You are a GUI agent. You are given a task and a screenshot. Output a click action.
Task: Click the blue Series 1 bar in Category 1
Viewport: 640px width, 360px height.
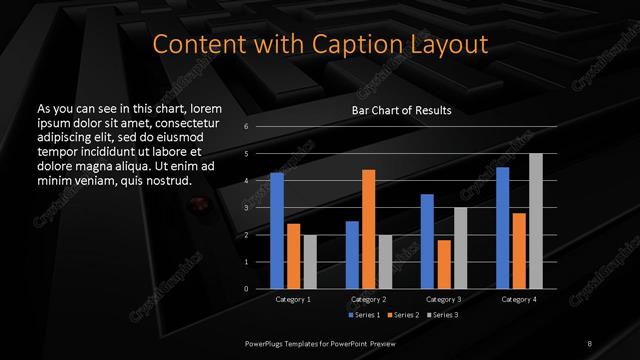(x=277, y=231)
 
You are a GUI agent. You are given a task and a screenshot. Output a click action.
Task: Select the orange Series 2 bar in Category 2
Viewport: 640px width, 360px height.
(x=368, y=229)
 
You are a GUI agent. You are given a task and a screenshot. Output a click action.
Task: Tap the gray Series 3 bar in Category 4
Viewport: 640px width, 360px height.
(x=535, y=221)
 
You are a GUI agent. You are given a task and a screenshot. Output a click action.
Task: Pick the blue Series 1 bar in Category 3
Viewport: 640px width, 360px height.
(x=427, y=241)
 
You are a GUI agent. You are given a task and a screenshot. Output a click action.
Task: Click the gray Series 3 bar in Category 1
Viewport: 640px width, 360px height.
(x=309, y=262)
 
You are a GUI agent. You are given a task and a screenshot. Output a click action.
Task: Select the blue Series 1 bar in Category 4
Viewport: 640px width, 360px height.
(x=502, y=228)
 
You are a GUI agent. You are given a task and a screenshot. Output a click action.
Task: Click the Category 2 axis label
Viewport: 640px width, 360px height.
(x=368, y=299)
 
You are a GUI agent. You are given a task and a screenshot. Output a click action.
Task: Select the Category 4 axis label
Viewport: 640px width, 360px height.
(x=518, y=299)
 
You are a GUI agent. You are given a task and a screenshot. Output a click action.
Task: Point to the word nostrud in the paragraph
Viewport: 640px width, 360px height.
(x=164, y=180)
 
